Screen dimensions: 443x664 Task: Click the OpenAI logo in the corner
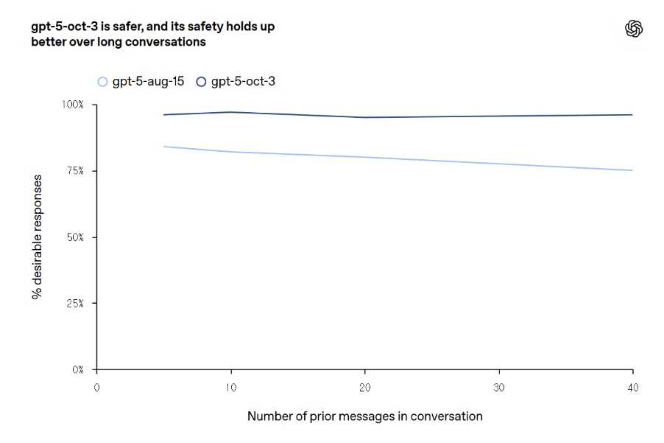click(634, 29)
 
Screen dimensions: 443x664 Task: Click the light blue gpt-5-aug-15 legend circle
click(102, 81)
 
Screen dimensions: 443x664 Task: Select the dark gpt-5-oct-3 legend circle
click(201, 81)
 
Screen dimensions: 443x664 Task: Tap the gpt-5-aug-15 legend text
click(148, 81)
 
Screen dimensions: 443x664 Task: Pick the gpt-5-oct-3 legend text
click(243, 81)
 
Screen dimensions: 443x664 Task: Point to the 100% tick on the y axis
click(73, 105)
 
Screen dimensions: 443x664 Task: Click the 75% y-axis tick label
click(75, 171)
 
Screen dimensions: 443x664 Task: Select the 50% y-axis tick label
click(74, 237)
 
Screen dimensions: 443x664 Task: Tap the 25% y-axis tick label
click(75, 303)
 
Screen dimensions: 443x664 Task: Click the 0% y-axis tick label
click(78, 369)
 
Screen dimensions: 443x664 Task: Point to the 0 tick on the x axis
click(96, 386)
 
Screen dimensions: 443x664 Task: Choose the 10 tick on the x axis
click(231, 386)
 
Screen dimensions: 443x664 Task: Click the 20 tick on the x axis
click(365, 386)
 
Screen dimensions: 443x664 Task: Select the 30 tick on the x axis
click(499, 386)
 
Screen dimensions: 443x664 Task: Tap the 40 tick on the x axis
click(632, 386)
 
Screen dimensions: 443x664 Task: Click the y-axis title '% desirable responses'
click(36, 237)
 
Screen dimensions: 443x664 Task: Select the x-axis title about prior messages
click(364, 416)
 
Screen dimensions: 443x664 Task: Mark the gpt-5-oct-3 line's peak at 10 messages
click(231, 112)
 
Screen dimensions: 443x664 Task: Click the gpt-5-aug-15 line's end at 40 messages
click(632, 170)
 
